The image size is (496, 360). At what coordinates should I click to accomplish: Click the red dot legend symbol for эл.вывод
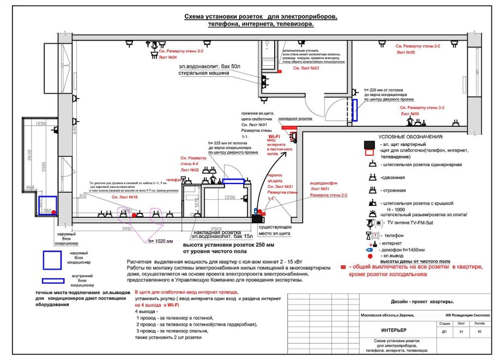click(x=371, y=255)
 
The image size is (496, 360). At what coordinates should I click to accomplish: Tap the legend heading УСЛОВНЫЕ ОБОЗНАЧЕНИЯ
click(x=410, y=137)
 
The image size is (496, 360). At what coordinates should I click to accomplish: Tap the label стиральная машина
click(x=202, y=72)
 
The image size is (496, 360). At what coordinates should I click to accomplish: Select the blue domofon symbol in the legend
click(x=371, y=248)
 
